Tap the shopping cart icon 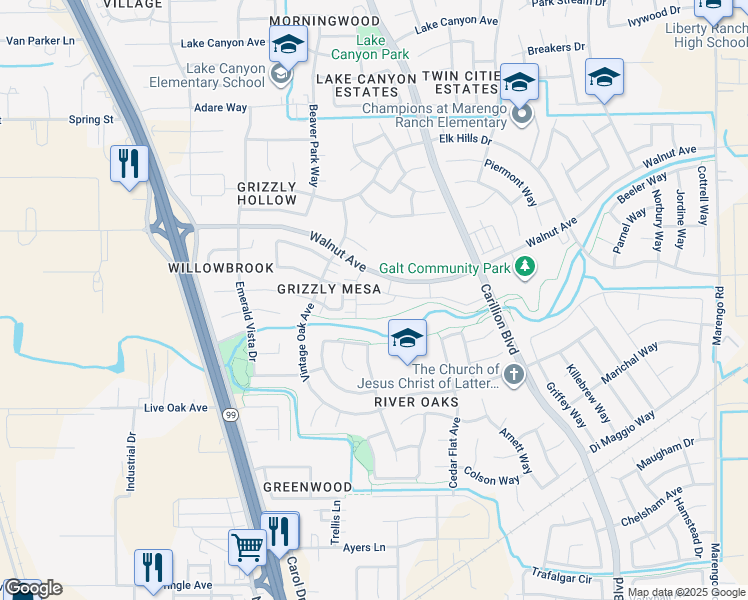(246, 546)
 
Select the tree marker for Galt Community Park (524, 267)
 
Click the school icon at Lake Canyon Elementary (288, 45)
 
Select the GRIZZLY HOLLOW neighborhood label (266, 193)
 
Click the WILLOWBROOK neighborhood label (207, 269)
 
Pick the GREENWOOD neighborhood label (307, 487)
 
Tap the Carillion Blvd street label (497, 317)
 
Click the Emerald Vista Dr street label (246, 320)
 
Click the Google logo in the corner (32, 588)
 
